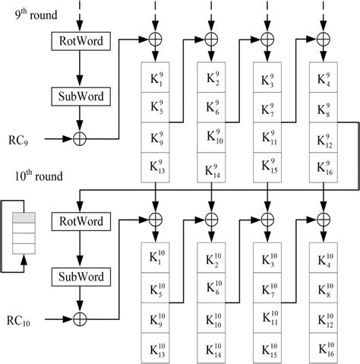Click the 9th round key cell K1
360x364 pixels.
pos(155,80)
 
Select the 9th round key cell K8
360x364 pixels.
pos(324,110)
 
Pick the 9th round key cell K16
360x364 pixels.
pos(324,168)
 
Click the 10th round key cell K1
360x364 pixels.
pos(155,260)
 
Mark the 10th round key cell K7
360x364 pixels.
pos(267,289)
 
